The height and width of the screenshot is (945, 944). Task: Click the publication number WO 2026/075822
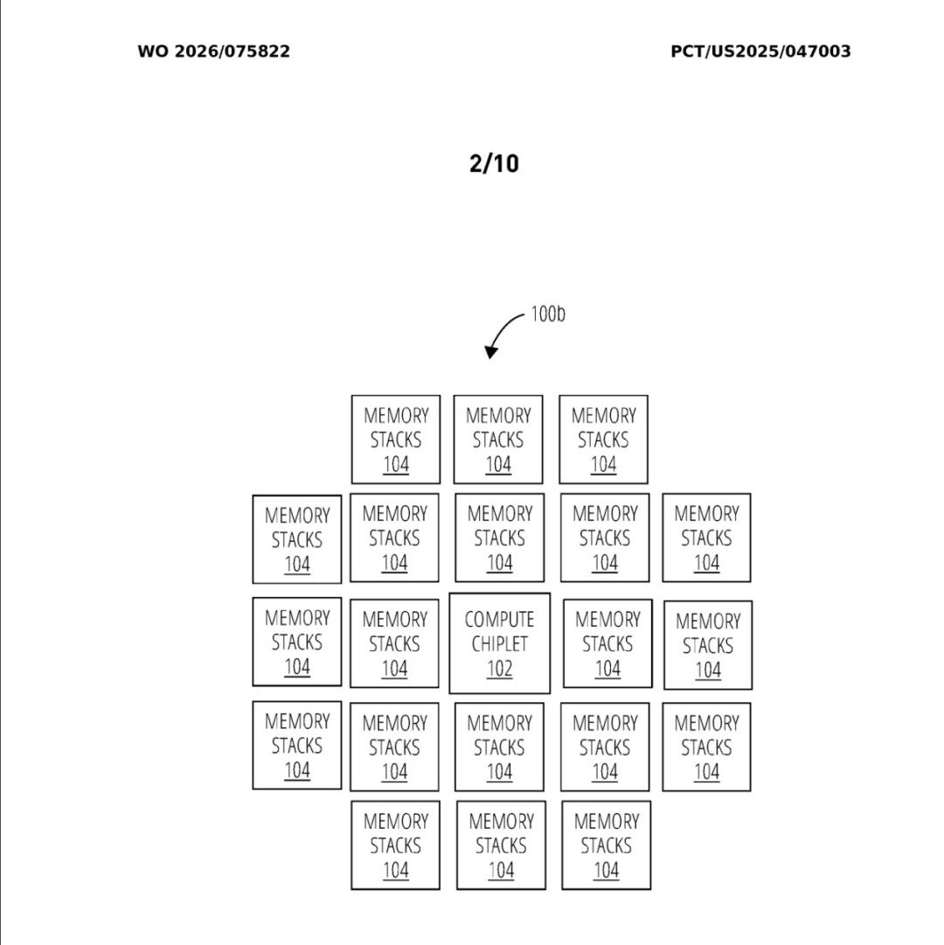tap(214, 52)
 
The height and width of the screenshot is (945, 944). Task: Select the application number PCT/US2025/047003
tap(760, 52)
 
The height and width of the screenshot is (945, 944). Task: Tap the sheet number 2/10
tap(494, 163)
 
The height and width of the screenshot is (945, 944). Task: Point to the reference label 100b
tap(547, 314)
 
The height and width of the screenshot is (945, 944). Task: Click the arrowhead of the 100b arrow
tap(491, 351)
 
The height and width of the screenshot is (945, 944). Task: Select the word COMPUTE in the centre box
tap(499, 620)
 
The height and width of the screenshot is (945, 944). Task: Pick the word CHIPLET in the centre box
tap(499, 644)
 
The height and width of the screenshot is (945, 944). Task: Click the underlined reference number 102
tap(499, 669)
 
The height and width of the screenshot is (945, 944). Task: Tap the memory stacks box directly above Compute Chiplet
tap(499, 538)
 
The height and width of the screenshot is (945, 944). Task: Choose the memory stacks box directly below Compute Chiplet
tap(499, 747)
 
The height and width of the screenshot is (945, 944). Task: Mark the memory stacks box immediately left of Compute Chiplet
tap(394, 643)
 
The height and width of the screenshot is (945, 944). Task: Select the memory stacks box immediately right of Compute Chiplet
tap(607, 643)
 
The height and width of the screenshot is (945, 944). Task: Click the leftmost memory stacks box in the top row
tap(396, 440)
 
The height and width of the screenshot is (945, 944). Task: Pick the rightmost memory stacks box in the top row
tap(604, 440)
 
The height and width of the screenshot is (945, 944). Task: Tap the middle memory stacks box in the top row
tap(498, 440)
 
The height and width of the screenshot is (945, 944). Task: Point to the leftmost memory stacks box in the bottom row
tap(395, 845)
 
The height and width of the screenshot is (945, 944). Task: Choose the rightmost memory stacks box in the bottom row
tap(606, 845)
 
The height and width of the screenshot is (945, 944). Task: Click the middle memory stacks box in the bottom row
tap(501, 845)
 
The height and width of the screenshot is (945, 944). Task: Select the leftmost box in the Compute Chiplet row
tap(297, 642)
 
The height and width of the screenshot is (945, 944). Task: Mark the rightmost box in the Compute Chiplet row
tap(708, 645)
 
